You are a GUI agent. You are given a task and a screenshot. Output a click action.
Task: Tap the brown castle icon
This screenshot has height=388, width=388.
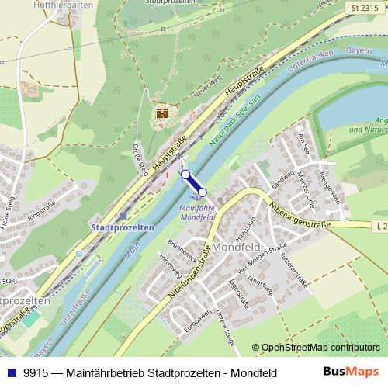(162, 113)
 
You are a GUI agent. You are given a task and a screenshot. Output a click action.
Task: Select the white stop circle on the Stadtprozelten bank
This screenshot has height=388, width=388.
(185, 175)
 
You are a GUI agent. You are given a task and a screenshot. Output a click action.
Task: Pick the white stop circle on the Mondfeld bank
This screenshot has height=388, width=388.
(203, 192)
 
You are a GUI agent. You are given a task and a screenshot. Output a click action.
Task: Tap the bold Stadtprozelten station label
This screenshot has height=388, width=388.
(123, 227)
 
